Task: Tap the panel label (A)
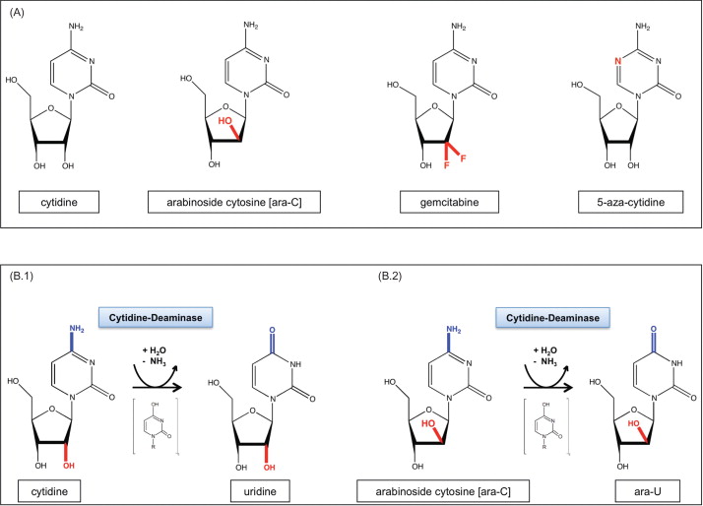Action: tap(18, 12)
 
